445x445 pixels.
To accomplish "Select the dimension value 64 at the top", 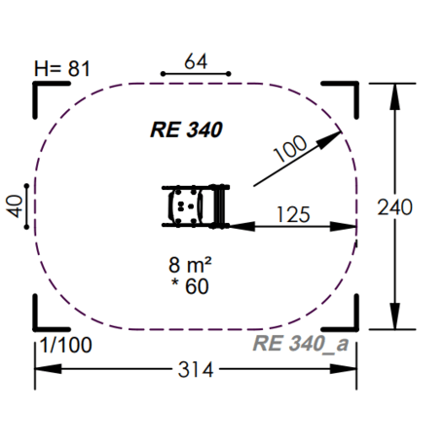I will click(196, 61).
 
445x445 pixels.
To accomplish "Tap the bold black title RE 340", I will click(186, 129).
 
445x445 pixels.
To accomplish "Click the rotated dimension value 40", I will click(14, 208).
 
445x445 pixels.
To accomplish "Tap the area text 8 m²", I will click(191, 265).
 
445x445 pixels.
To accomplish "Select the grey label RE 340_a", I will click(301, 343).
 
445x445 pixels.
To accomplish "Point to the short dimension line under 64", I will click(196, 74).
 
